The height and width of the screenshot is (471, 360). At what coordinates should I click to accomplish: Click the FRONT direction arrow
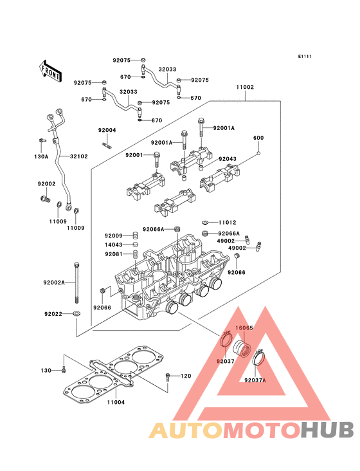point(50,71)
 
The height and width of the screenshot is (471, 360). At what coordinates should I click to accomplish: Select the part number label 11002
point(245,87)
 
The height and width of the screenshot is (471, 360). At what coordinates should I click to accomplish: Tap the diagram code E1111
point(305,57)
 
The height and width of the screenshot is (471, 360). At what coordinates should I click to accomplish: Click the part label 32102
point(79,156)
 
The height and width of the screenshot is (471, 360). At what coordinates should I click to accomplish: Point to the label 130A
point(41,156)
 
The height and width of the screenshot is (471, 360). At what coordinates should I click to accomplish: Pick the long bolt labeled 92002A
point(76,282)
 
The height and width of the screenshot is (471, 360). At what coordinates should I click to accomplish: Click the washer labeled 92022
point(76,314)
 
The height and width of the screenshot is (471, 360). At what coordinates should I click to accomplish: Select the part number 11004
point(116,402)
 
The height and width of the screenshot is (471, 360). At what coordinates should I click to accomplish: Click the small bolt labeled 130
point(63,371)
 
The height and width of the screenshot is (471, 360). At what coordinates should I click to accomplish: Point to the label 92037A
point(255,380)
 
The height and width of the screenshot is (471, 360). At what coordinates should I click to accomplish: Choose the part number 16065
point(244,328)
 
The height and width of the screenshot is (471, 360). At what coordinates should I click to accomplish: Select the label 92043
point(228,159)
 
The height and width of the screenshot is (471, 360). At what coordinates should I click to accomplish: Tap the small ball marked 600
point(258,154)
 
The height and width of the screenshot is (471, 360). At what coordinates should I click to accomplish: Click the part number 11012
point(228,223)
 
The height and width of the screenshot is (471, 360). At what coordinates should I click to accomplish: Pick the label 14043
point(113,245)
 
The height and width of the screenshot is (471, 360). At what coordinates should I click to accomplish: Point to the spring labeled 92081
point(135,254)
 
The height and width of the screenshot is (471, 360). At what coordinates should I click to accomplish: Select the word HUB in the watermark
point(328,430)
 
